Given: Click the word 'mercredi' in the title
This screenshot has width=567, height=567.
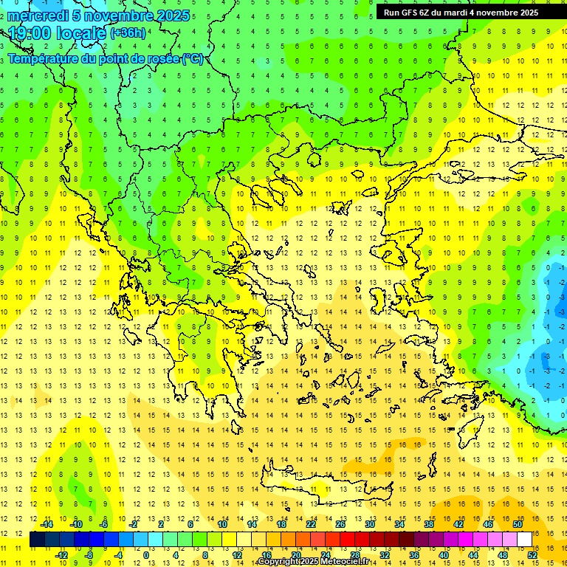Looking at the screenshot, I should point(38,16).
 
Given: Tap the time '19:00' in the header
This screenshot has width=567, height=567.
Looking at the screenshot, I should point(32,33).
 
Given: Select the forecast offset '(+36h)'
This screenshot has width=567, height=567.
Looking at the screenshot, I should point(128,33).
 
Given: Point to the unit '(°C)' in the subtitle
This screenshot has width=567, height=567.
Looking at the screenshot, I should point(193,59).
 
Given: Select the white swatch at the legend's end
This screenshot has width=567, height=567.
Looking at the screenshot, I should point(525,540).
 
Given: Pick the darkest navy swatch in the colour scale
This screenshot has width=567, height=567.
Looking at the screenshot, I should point(37,540).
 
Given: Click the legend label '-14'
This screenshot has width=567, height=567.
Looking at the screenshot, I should point(46,524).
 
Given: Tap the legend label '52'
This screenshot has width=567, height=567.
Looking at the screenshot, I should point(532,555).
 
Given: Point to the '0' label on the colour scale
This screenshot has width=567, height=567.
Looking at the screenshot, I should point(146,555).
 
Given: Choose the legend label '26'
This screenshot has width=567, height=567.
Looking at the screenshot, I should point(340,524).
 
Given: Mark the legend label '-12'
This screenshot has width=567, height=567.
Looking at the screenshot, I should point(61,555).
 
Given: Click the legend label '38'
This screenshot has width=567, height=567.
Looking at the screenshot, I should point(428,524).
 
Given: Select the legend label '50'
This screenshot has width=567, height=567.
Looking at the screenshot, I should point(517,524).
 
